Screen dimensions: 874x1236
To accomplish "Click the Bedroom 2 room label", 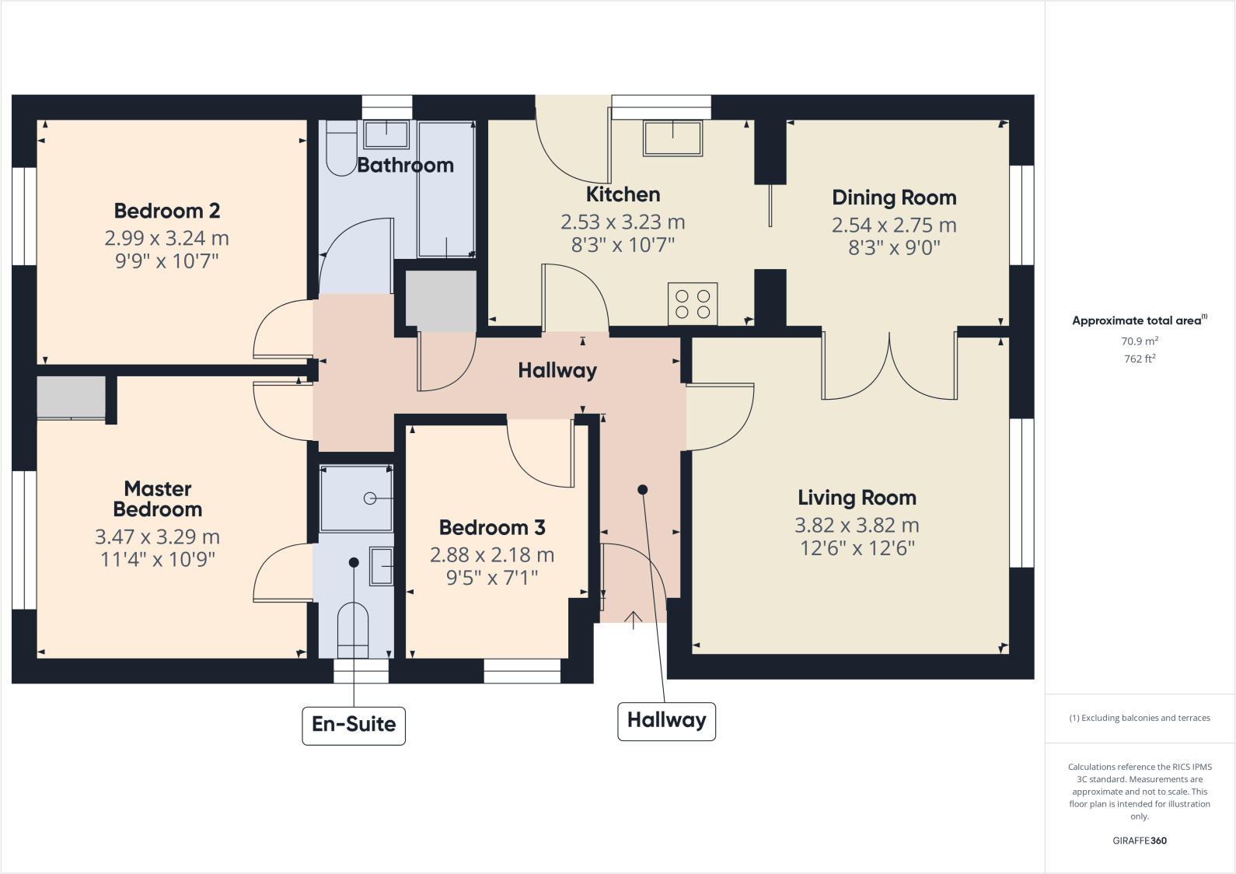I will click(x=166, y=211).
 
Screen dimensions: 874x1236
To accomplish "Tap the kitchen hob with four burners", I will click(x=693, y=303).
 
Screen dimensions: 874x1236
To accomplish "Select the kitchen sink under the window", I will click(x=672, y=138).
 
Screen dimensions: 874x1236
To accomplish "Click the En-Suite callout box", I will click(x=354, y=725).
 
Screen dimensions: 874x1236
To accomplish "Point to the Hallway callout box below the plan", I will click(x=666, y=721).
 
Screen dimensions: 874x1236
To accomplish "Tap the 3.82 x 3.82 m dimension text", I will click(x=857, y=526).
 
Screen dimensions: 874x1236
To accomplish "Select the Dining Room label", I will click(x=894, y=198).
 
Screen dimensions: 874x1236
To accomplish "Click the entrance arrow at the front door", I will click(x=634, y=620).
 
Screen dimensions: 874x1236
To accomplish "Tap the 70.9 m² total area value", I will click(x=1139, y=341).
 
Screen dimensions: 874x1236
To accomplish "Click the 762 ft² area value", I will click(x=1139, y=358).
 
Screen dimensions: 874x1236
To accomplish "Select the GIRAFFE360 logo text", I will click(x=1139, y=841).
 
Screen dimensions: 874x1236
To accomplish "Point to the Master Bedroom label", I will click(x=158, y=499).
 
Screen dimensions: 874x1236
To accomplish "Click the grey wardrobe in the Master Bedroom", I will click(x=71, y=397).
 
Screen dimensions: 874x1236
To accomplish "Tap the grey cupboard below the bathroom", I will click(x=441, y=301).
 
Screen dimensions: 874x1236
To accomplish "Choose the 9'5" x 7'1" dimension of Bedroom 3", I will click(x=492, y=578).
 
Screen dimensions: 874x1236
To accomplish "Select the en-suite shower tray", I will click(x=356, y=498).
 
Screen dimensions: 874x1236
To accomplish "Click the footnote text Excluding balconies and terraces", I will click(x=1139, y=718).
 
